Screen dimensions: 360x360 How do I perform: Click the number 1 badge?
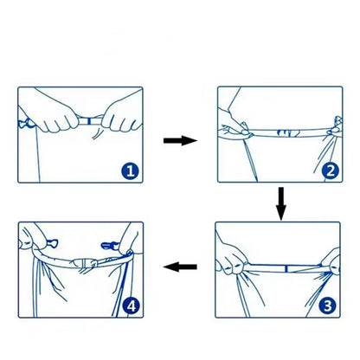pyautogui.click(x=130, y=171)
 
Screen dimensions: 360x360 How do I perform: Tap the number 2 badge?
pyautogui.click(x=331, y=170)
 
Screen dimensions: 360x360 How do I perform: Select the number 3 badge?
pyautogui.click(x=328, y=305)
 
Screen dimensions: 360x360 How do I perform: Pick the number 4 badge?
pyautogui.click(x=132, y=306)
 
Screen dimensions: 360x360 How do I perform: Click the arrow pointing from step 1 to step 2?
pyautogui.click(x=180, y=141)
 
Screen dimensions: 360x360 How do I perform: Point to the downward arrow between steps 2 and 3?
pyautogui.click(x=281, y=203)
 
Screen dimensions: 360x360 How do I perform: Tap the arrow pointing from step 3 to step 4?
pyautogui.click(x=180, y=267)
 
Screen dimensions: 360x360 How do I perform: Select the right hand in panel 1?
pyautogui.click(x=123, y=114)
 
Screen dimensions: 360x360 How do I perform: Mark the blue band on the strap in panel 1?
pyautogui.click(x=89, y=121)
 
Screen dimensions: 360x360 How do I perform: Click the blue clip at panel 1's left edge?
pyautogui.click(x=24, y=124)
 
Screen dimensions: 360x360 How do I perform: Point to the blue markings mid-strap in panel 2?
pyautogui.click(x=289, y=133)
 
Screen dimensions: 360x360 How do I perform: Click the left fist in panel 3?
pyautogui.click(x=231, y=257)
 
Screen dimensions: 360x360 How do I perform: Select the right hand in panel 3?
pyautogui.click(x=331, y=261)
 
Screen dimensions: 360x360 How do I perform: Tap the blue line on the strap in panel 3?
pyautogui.click(x=286, y=269)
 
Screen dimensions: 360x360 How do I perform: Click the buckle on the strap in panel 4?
pyautogui.click(x=85, y=263)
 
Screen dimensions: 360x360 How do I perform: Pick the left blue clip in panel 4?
pyautogui.click(x=52, y=243)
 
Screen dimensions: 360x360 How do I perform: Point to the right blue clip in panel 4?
pyautogui.click(x=110, y=246)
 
